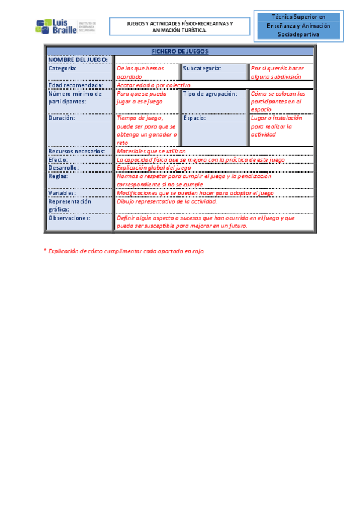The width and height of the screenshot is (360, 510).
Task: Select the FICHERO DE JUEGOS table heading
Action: [180, 52]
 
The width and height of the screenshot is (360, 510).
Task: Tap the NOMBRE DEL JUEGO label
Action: [78, 60]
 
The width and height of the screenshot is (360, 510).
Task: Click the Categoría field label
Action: [63, 69]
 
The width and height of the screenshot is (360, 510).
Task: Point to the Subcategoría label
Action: [202, 69]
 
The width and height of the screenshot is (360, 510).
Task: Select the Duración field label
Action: [62, 118]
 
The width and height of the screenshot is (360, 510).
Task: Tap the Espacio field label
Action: [195, 118]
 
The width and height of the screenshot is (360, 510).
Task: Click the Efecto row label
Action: [59, 160]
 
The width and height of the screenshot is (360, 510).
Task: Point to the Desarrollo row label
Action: [64, 168]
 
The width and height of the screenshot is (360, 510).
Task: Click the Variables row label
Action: [63, 193]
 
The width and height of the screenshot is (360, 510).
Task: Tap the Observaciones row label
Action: [69, 218]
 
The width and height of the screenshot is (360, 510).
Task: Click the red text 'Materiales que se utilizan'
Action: [151, 152]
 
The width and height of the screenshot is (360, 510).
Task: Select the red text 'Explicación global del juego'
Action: [153, 168]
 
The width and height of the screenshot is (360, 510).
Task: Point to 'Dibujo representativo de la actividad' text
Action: [166, 201]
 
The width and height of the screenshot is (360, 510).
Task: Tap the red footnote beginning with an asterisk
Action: [124, 250]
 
